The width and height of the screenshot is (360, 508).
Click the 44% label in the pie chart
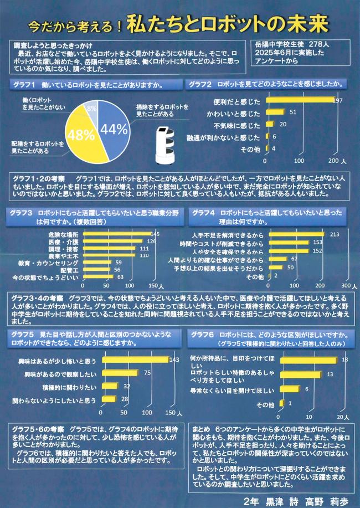tap(114, 130)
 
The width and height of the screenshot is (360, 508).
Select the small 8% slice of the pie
tap(91, 109)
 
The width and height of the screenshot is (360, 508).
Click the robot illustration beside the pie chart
tap(164, 145)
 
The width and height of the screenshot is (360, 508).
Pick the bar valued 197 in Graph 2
tap(300, 100)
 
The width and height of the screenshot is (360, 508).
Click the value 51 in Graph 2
tap(293, 112)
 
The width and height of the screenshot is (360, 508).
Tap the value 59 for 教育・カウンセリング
tap(117, 263)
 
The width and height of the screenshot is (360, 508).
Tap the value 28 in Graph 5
tap(125, 399)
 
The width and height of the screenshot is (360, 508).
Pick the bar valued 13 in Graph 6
tap(301, 375)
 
